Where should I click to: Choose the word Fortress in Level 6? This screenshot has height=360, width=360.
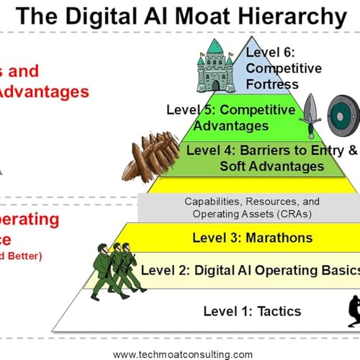pos(271,84)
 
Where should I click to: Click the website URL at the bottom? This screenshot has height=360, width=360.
pos(183,354)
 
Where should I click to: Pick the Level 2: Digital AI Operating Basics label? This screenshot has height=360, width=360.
pos(249,270)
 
